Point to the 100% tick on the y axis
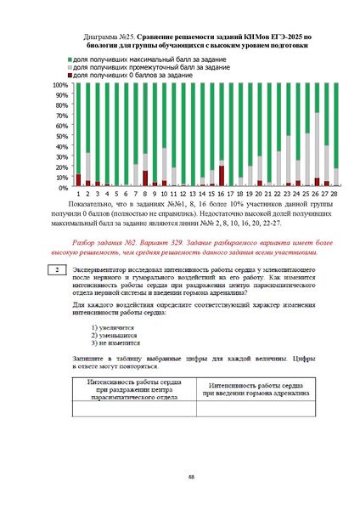coord(60,86)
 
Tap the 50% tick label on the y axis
coord(62,136)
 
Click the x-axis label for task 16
coord(222,195)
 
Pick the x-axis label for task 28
coord(335,195)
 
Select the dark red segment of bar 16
coord(222,176)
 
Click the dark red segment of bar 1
coord(79,180)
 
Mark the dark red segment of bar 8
coord(145,178)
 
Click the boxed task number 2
coord(55,270)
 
